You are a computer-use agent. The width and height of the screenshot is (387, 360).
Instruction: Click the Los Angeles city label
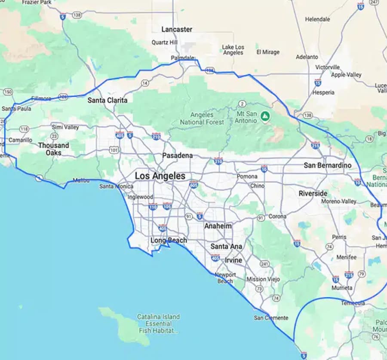[160, 176]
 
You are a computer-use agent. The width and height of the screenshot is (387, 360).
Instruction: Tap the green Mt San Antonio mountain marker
[266, 116]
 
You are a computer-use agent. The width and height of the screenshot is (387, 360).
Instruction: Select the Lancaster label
[177, 29]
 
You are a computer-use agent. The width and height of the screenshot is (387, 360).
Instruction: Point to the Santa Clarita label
[107, 100]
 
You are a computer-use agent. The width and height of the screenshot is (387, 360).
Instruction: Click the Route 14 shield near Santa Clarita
[145, 82]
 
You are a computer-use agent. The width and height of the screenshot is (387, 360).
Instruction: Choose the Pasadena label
[177, 156]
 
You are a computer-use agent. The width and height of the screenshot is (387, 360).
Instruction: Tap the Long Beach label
[169, 240]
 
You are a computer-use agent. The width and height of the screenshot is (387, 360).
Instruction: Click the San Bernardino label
[327, 165]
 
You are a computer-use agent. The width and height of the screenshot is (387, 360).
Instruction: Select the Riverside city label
[313, 193]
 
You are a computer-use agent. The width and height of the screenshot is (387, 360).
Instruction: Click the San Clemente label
[271, 318]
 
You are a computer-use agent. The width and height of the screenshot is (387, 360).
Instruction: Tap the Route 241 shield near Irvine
[264, 264]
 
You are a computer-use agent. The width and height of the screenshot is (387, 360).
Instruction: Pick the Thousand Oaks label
[53, 149]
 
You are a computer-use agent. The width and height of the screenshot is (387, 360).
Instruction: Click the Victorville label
[327, 67]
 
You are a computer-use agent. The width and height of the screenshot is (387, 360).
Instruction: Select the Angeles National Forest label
[202, 119]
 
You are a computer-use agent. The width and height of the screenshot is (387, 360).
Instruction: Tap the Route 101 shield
[114, 150]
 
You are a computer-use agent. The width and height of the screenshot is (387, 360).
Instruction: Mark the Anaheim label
[218, 226]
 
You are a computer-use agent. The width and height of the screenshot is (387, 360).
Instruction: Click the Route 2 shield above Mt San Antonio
[243, 104]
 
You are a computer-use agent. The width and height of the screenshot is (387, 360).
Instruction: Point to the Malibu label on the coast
[81, 180]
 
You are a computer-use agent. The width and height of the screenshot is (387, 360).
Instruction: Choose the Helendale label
[317, 19]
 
